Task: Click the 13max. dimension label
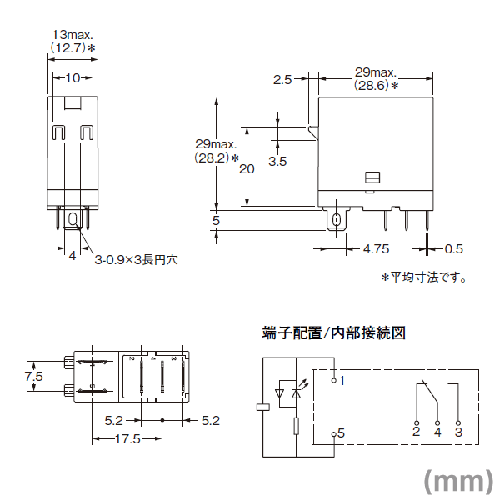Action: click(x=72, y=36)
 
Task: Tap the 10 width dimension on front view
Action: click(x=72, y=77)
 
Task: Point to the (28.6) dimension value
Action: click(x=372, y=86)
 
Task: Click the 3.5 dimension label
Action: click(x=278, y=159)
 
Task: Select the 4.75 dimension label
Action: click(x=377, y=249)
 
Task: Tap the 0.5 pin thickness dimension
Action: click(x=454, y=249)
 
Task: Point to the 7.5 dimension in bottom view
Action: click(x=33, y=377)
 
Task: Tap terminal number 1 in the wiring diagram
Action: click(x=342, y=379)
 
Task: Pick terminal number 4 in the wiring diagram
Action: click(x=437, y=432)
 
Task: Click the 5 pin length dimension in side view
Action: click(x=216, y=221)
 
